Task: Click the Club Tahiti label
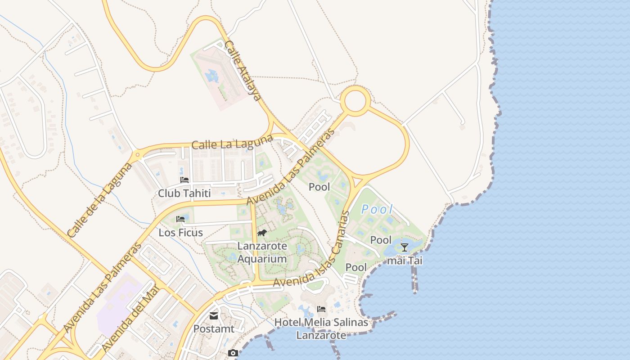coord(184,193)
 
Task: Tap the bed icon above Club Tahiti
coord(184,180)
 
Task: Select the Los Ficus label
coord(181,233)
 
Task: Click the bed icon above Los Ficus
coord(181,219)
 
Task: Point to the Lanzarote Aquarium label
coord(262,252)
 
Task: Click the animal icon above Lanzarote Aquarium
coord(262,233)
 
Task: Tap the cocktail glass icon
coord(405,247)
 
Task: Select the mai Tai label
coord(405,260)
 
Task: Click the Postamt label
coord(214,329)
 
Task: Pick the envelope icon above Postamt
coord(214,316)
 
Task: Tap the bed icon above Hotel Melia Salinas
coord(321,309)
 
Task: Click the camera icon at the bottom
coord(233,353)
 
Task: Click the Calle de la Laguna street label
coord(99,199)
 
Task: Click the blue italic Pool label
coord(377,209)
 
